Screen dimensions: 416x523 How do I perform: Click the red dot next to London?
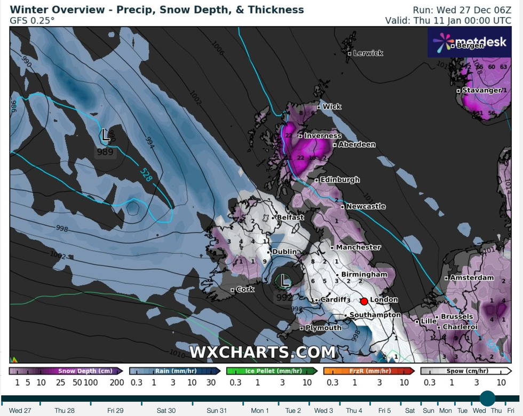(x=364, y=301)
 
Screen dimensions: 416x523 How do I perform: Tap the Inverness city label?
(x=322, y=136)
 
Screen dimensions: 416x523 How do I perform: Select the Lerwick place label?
(x=368, y=53)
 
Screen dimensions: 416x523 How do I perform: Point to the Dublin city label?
(x=284, y=252)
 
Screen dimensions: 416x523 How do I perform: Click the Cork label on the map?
(x=245, y=289)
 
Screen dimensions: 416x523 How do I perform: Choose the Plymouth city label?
(x=323, y=328)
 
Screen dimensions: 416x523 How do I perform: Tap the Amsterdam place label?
(x=472, y=278)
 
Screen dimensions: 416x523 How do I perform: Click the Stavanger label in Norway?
(x=482, y=91)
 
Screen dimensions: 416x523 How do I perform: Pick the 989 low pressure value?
(x=105, y=152)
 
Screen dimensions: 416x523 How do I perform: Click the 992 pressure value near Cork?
(x=284, y=298)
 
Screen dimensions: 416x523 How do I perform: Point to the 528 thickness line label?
(x=146, y=174)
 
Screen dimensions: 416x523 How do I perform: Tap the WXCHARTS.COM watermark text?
(x=263, y=352)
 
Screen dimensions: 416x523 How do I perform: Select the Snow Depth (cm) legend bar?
(x=66, y=371)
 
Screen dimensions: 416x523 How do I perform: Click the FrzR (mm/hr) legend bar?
(x=369, y=371)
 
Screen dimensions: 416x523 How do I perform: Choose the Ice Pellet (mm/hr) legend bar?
(x=272, y=371)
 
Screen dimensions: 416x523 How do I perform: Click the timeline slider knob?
(x=487, y=398)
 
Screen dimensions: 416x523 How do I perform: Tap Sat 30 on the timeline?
(x=165, y=410)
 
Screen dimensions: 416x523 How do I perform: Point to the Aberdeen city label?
(x=356, y=145)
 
